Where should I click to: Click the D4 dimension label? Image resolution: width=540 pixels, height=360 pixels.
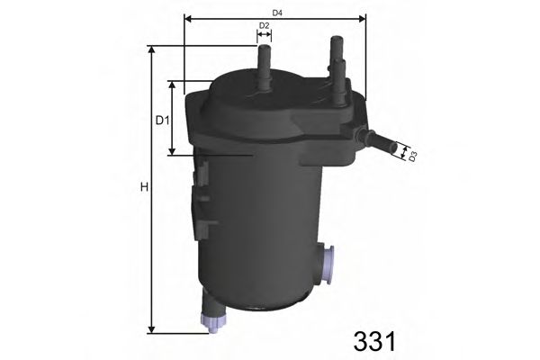point(278,12)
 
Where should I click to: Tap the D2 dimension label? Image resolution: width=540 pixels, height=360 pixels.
point(264,25)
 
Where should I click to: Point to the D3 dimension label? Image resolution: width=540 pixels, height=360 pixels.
point(412,157)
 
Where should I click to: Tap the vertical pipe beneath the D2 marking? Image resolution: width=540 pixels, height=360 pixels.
point(265,68)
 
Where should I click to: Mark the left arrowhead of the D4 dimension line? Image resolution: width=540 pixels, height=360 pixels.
point(187,17)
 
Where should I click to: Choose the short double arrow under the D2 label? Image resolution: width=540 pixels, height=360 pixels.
point(264,36)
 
